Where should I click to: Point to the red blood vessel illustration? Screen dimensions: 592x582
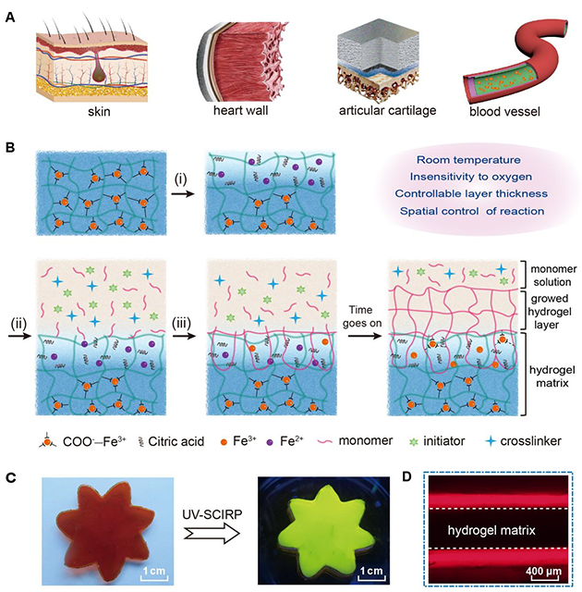506,60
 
